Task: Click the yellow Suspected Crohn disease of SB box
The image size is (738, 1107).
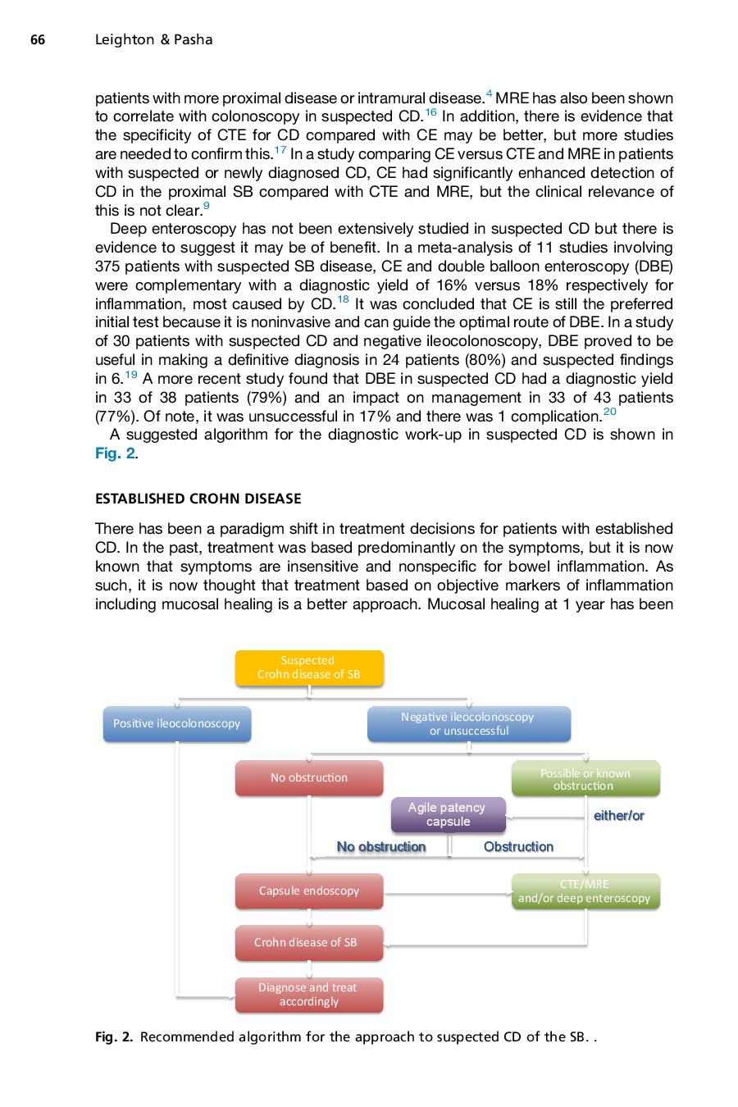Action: click(309, 667)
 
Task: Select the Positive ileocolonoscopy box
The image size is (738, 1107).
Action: click(177, 723)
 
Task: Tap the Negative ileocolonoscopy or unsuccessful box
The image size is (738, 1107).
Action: click(468, 723)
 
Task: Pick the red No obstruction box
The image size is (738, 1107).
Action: click(309, 777)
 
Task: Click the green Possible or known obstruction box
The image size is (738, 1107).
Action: click(585, 779)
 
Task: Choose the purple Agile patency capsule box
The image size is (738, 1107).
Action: click(448, 814)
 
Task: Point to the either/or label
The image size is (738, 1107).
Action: click(618, 815)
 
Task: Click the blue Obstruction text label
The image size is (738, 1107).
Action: click(518, 846)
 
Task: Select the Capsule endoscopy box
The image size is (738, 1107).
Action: click(309, 891)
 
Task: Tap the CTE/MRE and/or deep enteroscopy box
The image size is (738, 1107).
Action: click(585, 891)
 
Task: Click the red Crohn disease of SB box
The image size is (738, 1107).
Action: click(309, 942)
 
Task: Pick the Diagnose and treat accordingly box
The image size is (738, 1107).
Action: click(309, 995)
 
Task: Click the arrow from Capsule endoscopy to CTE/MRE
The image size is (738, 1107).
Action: click(447, 892)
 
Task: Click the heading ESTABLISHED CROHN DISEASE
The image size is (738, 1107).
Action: click(198, 499)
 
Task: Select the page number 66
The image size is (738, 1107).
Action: click(38, 39)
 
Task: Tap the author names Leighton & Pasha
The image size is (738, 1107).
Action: click(154, 39)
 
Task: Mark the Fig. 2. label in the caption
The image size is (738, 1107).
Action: click(114, 1037)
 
